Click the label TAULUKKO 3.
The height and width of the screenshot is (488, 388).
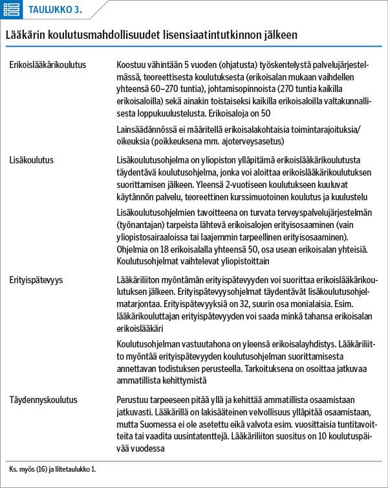(55, 9)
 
